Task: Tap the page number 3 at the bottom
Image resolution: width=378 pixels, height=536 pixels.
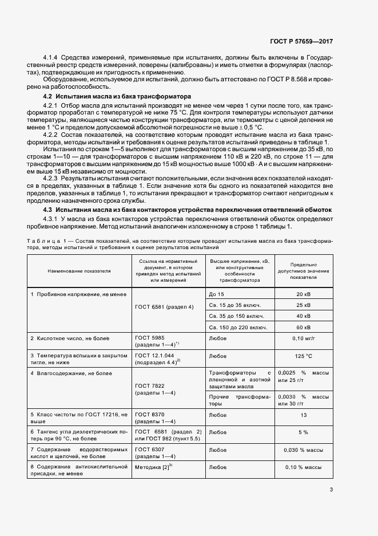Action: tap(331, 489)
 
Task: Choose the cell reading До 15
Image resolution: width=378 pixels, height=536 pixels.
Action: tap(217, 294)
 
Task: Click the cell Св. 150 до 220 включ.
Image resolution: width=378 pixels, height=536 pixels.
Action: tap(237, 327)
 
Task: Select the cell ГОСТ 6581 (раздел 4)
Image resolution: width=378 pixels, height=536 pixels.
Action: tap(164, 307)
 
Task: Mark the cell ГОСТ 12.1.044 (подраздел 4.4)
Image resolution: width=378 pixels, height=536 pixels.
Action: tap(158, 358)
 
